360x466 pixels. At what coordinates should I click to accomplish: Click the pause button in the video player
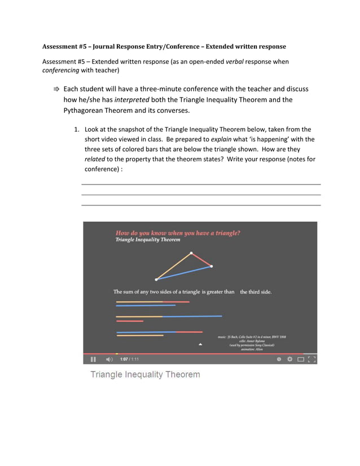pos(93,359)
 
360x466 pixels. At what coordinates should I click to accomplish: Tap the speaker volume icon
pos(109,359)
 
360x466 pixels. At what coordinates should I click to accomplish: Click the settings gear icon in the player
pos(289,359)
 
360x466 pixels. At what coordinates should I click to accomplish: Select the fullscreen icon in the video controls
pos(311,359)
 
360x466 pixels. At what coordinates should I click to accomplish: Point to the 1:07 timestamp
pos(124,359)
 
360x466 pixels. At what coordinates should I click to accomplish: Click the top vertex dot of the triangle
pos(191,253)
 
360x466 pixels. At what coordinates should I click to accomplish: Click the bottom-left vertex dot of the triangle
pos(156,279)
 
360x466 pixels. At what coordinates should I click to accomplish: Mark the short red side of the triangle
pos(201,260)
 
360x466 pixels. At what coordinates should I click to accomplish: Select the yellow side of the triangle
pos(174,266)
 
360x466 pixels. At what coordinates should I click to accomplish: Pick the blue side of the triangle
pos(184,272)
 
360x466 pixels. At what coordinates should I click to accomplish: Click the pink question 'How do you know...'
pos(178,232)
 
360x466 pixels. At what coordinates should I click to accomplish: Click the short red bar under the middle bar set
pos(129,321)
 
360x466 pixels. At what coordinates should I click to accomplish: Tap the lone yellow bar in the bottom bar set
pos(140,336)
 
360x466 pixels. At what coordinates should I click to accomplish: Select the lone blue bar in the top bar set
pos(146,306)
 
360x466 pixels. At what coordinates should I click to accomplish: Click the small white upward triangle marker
pos(200,344)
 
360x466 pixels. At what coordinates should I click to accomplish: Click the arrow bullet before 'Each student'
pos(56,89)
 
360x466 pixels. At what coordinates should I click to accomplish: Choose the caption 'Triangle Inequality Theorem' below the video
pos(145,375)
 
